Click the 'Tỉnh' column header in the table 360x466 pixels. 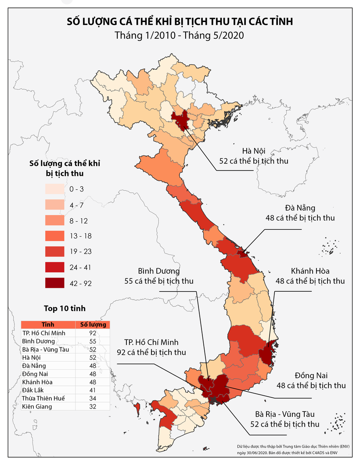[48, 325]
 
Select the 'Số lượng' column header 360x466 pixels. [93, 325]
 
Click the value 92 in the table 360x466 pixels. [93, 333]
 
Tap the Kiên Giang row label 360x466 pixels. [37, 407]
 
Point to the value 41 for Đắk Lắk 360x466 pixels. [93, 390]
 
